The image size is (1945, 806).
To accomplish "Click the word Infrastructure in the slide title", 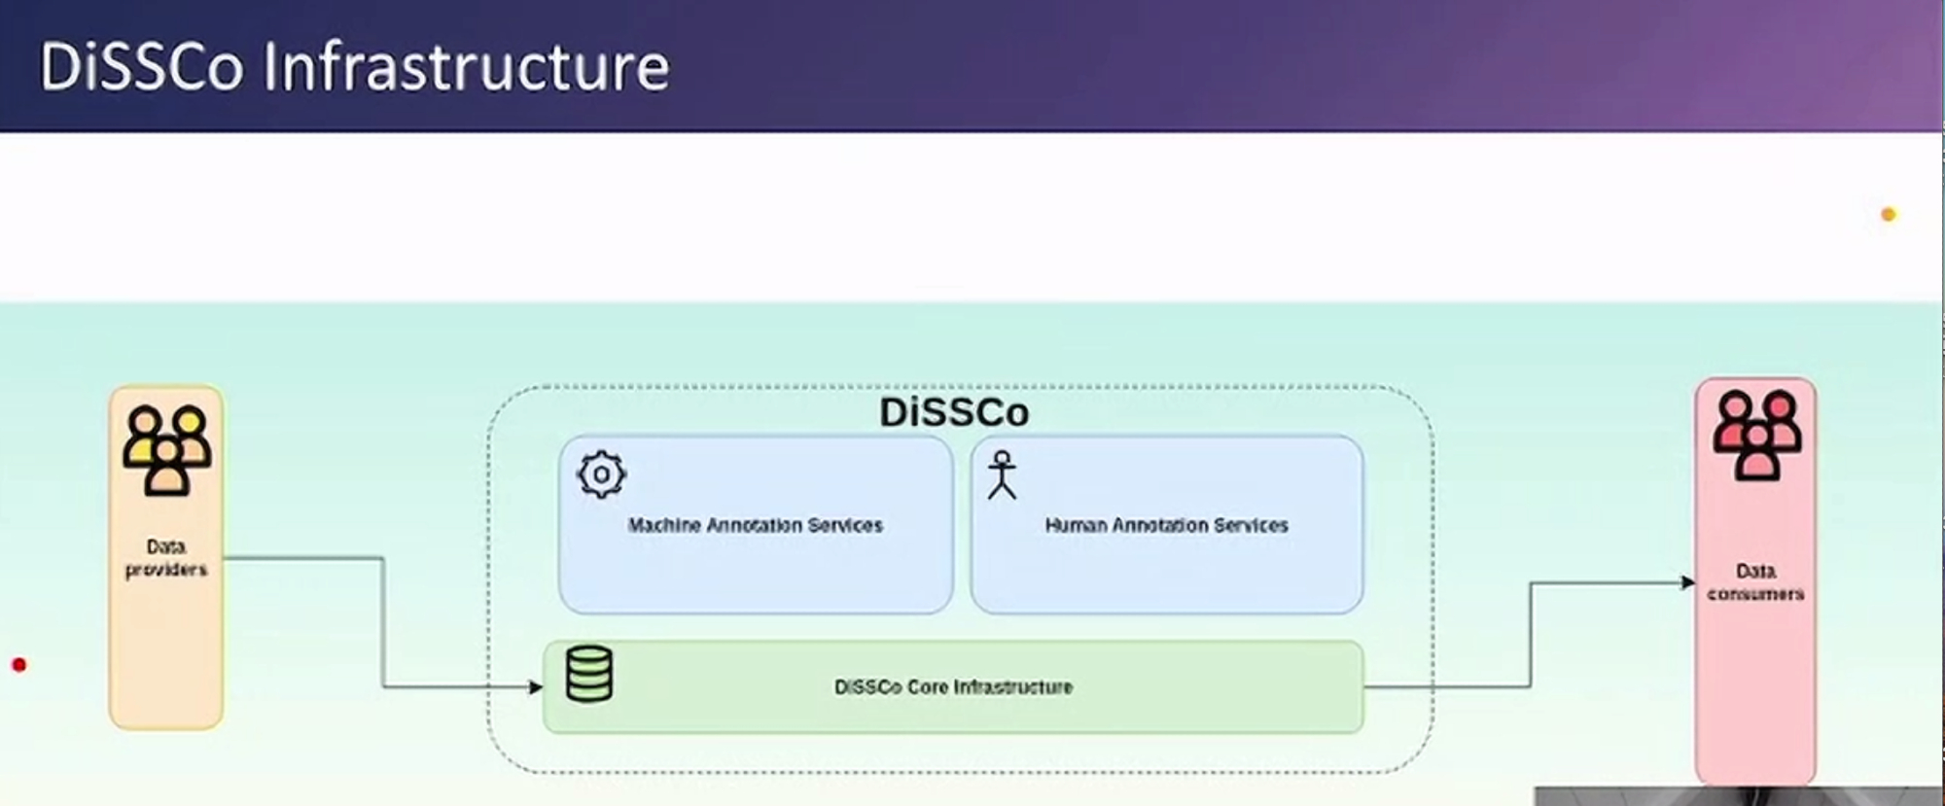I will [x=467, y=67].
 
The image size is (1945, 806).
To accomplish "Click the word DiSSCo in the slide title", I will [x=141, y=67].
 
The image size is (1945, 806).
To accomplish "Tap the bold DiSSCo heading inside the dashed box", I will [x=954, y=412].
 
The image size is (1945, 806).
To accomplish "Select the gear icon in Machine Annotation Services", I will [x=601, y=474].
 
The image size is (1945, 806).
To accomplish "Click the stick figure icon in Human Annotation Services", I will [x=1002, y=474].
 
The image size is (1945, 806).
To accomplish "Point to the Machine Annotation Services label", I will [x=755, y=526].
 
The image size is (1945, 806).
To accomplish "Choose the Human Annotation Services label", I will [x=1166, y=526].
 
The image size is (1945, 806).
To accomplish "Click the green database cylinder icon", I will [x=589, y=674].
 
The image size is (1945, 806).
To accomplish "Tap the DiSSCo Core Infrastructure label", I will [x=953, y=687].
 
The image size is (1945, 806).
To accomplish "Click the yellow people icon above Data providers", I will [x=166, y=450].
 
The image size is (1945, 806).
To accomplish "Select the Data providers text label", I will [x=166, y=558].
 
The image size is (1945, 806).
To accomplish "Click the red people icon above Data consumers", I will [x=1756, y=435].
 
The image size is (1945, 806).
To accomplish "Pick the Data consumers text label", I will [x=1755, y=581].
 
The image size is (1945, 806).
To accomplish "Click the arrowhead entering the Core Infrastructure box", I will [x=536, y=687].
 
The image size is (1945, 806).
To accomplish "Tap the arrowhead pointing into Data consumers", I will [x=1688, y=582].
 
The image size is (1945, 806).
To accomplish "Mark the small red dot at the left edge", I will [x=18, y=665].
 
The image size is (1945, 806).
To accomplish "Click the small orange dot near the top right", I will [x=1889, y=214].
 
